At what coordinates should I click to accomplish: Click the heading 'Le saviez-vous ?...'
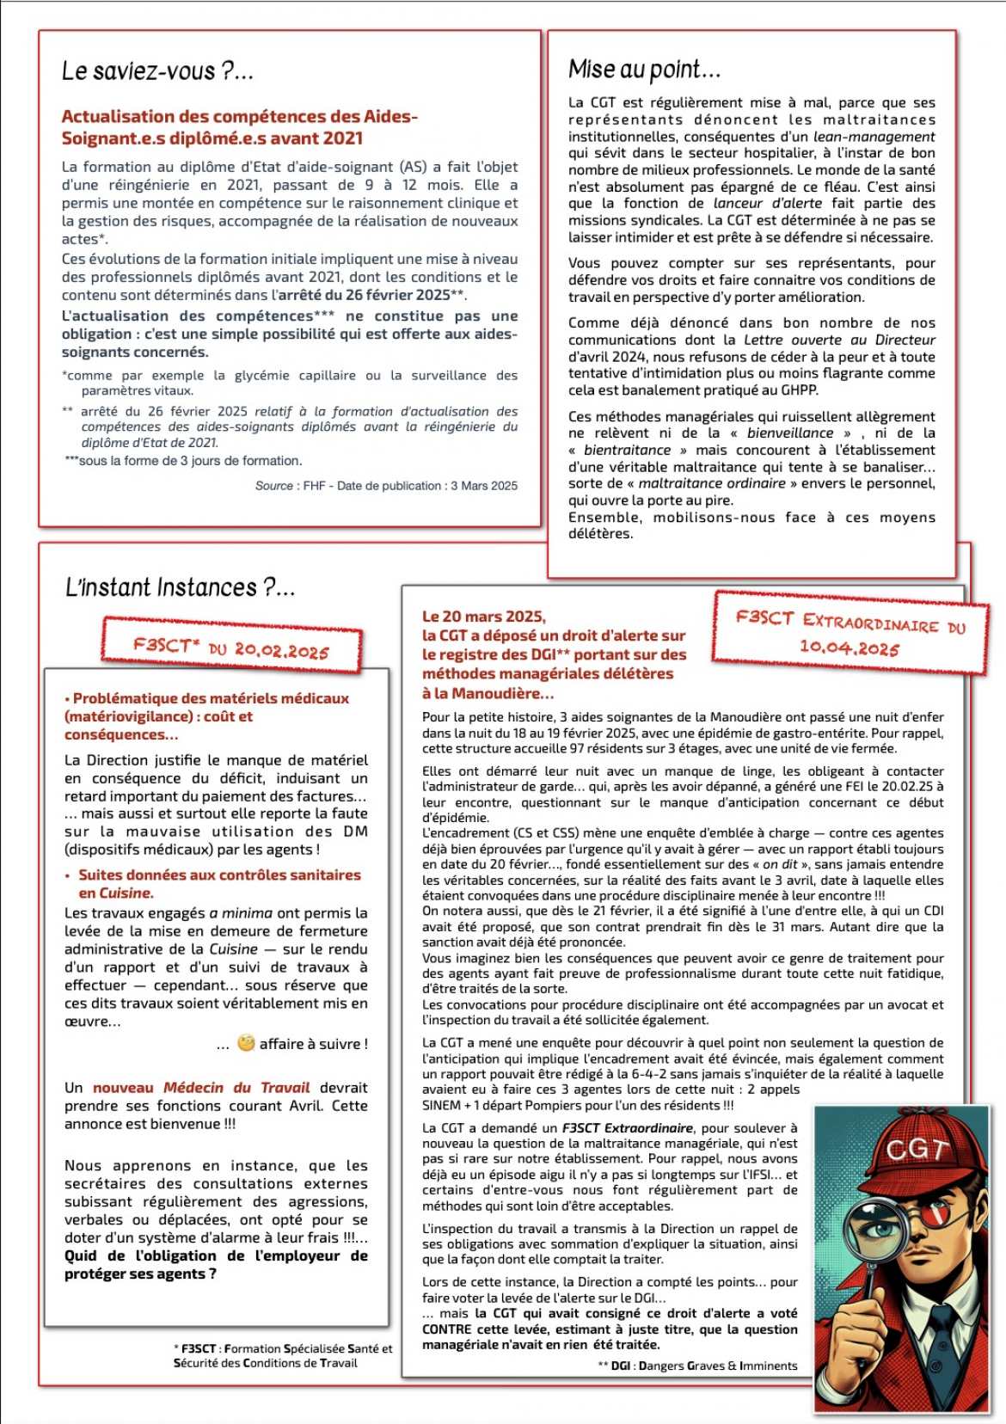click(x=157, y=71)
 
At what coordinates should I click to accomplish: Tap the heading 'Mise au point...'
click(x=644, y=70)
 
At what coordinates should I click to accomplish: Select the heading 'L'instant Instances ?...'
click(x=181, y=588)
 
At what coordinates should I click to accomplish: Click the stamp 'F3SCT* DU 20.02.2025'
click(x=231, y=648)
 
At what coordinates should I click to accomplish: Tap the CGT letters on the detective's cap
click(x=917, y=1150)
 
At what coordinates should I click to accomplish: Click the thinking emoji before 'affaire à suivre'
click(x=246, y=1043)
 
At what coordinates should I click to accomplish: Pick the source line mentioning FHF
click(x=386, y=486)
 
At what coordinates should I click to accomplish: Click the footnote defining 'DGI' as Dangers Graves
click(x=696, y=1366)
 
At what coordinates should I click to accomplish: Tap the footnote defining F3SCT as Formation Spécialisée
click(x=283, y=1355)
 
